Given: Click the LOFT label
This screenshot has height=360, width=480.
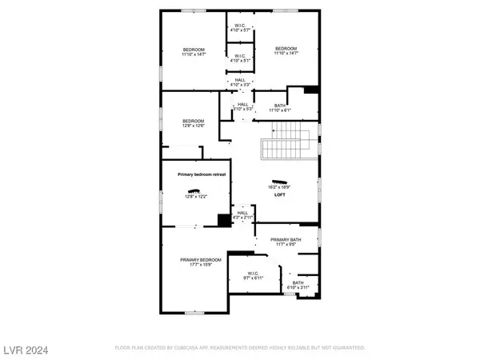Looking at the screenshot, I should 280,194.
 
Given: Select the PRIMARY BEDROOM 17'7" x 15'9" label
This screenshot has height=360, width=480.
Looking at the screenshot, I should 199,262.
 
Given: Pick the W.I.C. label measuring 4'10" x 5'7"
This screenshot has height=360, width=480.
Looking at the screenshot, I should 241,26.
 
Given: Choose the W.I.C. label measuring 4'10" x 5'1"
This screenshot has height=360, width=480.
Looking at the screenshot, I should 241,58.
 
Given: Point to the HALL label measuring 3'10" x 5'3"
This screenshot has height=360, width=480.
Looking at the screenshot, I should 242,106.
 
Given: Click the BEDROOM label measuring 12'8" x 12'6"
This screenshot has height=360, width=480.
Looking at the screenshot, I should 193,123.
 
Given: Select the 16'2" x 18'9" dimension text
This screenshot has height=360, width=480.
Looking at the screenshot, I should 280,187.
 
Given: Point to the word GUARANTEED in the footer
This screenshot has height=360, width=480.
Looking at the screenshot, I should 348,349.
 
